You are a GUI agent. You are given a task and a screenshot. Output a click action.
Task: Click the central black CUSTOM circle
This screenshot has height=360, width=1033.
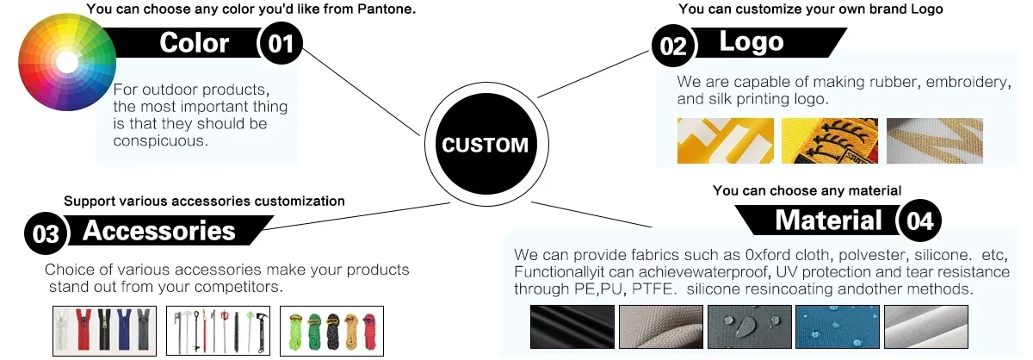coord(486,144)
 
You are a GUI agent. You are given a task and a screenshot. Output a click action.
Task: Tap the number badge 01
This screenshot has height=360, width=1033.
coord(281,44)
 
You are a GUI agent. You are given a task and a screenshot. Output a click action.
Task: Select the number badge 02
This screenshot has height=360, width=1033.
coord(673,47)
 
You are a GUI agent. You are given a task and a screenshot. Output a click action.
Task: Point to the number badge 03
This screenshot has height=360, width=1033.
coord(46,233)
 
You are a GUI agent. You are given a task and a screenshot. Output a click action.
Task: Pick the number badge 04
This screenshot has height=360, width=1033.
coord(919,220)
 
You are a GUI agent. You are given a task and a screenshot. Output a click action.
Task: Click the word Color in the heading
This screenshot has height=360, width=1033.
coord(195,43)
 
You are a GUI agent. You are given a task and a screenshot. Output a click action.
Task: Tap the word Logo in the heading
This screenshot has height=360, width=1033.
coord(752,42)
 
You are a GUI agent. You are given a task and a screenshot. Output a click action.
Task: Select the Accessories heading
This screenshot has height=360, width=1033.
coord(159,230)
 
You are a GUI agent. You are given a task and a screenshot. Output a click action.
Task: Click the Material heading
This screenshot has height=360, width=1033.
coord(828,220)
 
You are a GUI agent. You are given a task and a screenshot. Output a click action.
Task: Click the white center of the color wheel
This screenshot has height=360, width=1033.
coord(67,62)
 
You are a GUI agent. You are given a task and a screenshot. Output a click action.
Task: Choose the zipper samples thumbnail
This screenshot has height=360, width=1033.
coord(105,331)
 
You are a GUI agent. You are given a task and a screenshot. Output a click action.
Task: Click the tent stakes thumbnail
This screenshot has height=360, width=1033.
coord(218,331)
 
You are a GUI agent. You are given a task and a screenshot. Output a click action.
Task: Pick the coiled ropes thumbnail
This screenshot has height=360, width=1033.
coord(331,331)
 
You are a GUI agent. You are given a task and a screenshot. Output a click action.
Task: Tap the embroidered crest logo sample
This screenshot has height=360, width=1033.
coord(830,140)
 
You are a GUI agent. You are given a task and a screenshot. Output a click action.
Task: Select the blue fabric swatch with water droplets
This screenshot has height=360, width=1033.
coord(838,326)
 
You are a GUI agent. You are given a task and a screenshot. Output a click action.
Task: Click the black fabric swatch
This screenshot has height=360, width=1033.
coord(572,326)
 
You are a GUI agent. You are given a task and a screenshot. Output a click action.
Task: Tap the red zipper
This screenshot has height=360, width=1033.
coord(84,330)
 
